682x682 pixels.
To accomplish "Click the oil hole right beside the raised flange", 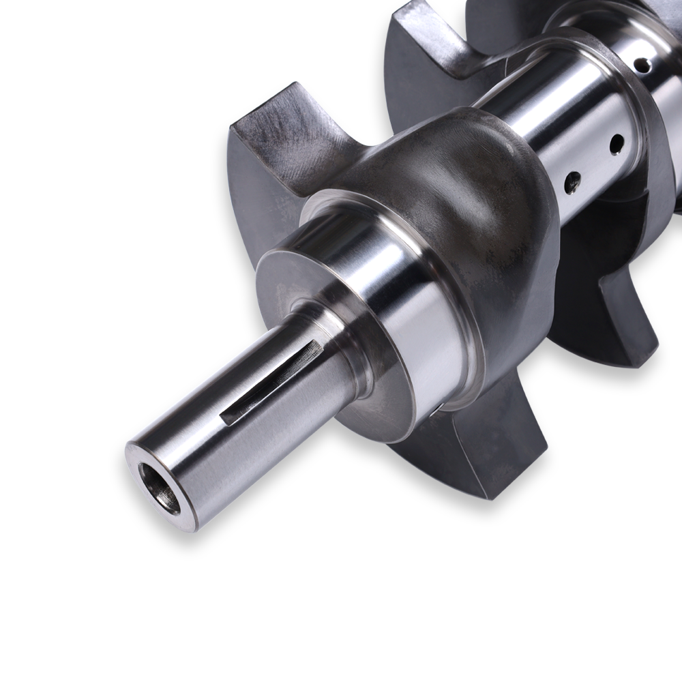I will pos(617,144).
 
